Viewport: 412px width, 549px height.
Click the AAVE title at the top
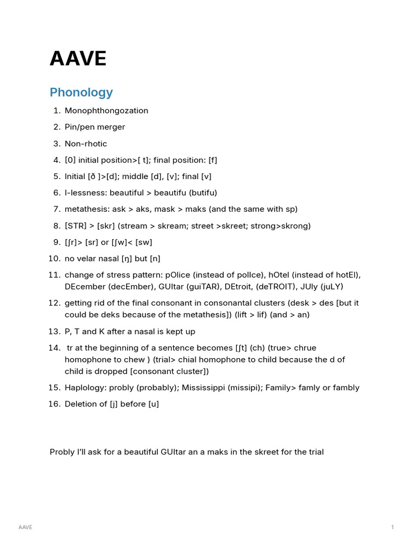78,59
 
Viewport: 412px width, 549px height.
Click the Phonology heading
81,92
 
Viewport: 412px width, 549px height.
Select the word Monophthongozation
106,110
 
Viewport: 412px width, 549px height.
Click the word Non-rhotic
86,144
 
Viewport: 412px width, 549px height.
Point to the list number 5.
57,176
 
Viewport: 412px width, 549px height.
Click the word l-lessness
85,192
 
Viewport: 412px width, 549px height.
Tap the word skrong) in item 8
296,226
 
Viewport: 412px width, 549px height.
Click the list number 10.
54,258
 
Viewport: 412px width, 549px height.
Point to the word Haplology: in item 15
86,388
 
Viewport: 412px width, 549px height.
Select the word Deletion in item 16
81,404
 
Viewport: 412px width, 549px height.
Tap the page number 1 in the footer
392,528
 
